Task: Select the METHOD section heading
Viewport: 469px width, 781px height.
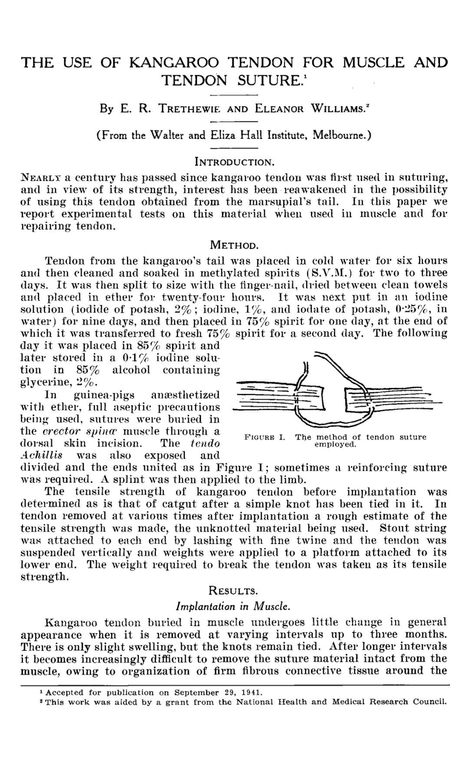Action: tap(234, 245)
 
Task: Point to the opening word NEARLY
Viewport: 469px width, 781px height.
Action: tap(41, 177)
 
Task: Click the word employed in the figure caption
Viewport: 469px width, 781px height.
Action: tap(335, 445)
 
